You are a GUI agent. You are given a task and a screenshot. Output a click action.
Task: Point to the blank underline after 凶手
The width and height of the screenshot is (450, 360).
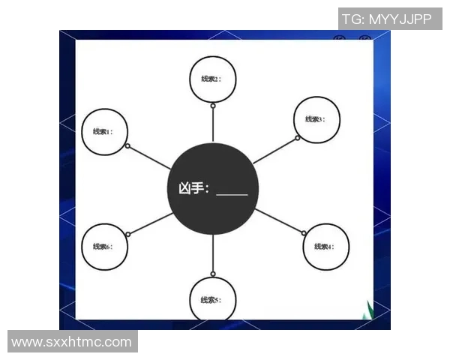point(232,193)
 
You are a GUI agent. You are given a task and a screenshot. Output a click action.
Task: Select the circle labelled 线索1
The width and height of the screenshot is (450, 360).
point(103,131)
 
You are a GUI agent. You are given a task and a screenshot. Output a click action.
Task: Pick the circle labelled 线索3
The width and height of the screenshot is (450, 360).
point(316,118)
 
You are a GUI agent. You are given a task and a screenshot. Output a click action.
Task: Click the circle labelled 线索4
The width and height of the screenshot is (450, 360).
point(325,246)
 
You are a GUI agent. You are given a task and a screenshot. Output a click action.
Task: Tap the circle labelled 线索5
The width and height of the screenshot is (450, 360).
point(212,299)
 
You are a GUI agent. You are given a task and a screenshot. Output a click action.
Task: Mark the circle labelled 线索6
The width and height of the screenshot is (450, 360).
point(103,246)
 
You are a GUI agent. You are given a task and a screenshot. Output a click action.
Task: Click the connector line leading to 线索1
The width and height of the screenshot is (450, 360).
point(150,157)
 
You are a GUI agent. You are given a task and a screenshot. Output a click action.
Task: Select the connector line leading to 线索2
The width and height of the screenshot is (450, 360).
point(213,124)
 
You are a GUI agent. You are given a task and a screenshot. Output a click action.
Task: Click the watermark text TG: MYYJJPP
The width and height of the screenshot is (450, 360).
point(387,19)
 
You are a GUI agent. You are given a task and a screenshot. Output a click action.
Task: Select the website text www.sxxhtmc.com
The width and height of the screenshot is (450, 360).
point(72,342)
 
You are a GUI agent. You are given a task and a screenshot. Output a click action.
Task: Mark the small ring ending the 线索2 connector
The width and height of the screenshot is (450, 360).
point(213,106)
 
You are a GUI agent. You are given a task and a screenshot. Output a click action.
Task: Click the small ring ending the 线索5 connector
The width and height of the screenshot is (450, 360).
point(213,274)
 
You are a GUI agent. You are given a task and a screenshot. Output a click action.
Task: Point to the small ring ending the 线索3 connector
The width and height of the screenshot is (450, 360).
point(297,138)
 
